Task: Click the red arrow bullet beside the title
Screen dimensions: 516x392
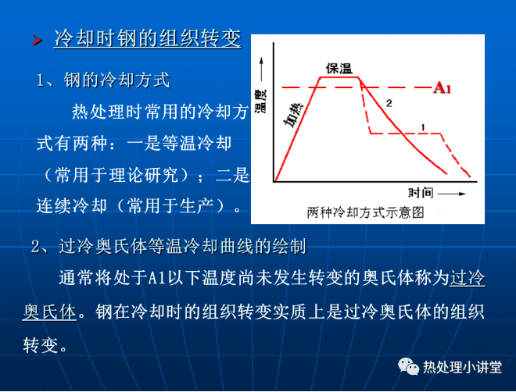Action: pyautogui.click(x=38, y=40)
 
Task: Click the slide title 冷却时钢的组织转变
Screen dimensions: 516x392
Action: pyautogui.click(x=148, y=38)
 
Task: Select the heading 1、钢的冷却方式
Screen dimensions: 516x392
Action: pyautogui.click(x=103, y=80)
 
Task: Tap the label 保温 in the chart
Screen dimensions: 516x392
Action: pyautogui.click(x=339, y=69)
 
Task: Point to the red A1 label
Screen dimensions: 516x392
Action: pyautogui.click(x=442, y=88)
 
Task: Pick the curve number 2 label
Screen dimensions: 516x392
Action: pyautogui.click(x=389, y=103)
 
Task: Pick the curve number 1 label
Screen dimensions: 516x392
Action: pyautogui.click(x=423, y=127)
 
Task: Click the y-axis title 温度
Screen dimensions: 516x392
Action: pyautogui.click(x=261, y=101)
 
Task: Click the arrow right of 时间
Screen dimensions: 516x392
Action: pyautogui.click(x=452, y=194)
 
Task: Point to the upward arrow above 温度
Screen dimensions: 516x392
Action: pyautogui.click(x=262, y=69)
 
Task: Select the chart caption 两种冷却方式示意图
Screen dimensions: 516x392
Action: pyautogui.click(x=365, y=212)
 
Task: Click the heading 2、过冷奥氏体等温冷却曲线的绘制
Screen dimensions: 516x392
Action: pyautogui.click(x=169, y=246)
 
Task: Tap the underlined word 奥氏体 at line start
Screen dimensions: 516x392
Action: pyautogui.click(x=50, y=312)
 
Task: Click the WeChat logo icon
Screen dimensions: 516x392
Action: pyautogui.click(x=408, y=366)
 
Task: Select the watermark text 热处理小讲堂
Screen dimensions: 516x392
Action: pyautogui.click(x=462, y=367)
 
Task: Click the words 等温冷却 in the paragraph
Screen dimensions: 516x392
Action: pyautogui.click(x=196, y=143)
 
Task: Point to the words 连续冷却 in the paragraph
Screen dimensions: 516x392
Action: pyautogui.click(x=72, y=206)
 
